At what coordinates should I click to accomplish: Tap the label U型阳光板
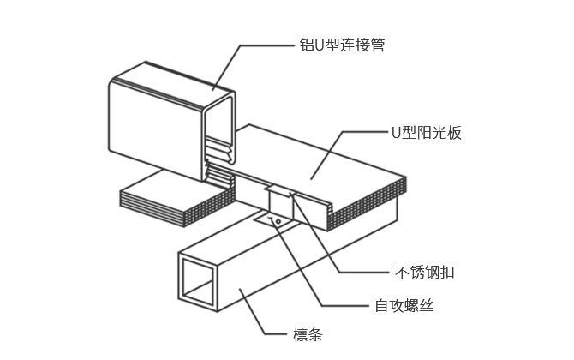point(426,132)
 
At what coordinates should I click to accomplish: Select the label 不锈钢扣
point(424,273)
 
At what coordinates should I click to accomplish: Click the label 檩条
point(308,335)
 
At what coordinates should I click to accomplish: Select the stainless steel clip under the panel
point(281,202)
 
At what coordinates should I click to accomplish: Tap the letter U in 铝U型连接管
point(309,45)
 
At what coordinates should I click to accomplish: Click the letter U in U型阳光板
point(396,132)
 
